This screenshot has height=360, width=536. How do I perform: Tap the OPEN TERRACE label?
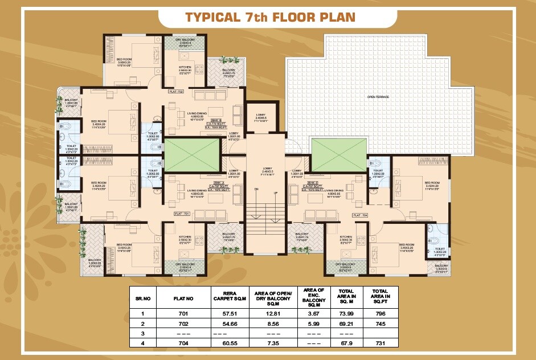378,97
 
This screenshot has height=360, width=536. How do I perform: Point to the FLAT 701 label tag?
183,214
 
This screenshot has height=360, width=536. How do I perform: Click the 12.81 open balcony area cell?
274,313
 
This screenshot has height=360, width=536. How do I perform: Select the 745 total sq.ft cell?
380,323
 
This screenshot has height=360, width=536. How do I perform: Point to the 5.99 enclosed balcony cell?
314,323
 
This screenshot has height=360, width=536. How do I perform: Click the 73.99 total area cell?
347,313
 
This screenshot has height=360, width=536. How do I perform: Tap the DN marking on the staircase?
256,189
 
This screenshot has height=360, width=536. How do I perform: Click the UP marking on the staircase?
276,193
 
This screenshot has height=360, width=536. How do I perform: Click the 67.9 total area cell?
347,343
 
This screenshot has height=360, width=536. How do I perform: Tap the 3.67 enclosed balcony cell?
314,313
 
